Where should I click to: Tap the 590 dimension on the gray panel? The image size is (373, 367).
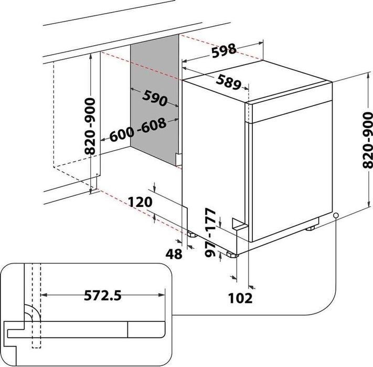[154, 98]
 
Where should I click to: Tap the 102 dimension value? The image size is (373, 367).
[241, 298]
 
